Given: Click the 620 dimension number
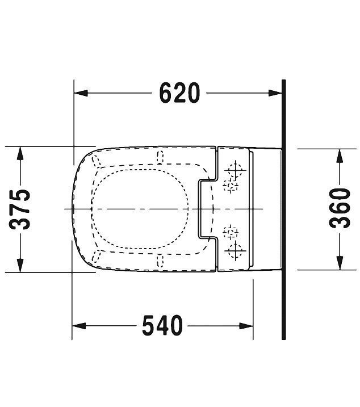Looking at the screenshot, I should (x=179, y=93).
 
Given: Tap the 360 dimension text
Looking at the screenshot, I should (x=340, y=208).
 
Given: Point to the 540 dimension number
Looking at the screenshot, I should (x=163, y=325).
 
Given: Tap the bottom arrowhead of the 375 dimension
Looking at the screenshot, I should (x=21, y=266).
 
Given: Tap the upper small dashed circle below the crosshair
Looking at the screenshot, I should (x=231, y=184).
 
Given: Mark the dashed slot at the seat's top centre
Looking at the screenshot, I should (x=158, y=158).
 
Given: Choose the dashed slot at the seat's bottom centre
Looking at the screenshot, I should (x=158, y=261).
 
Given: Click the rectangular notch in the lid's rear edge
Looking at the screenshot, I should (x=204, y=209).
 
